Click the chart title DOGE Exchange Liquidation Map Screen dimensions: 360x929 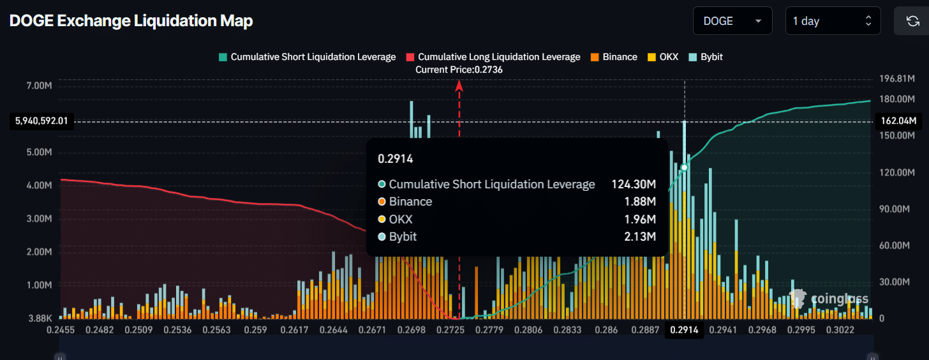coord(131,21)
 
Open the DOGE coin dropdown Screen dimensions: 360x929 coord(732,21)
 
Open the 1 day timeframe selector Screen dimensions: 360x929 coord(833,21)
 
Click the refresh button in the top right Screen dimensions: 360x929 coord(912,21)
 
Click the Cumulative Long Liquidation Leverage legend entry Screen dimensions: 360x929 coord(493,57)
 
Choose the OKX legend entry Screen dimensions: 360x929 coord(663,57)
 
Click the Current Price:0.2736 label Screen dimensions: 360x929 coord(459,70)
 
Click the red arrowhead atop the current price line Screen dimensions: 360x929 coord(459,85)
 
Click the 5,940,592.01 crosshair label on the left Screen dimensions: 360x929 coord(41,121)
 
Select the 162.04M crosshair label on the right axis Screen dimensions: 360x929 coord(898,121)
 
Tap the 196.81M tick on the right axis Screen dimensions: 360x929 coord(898,79)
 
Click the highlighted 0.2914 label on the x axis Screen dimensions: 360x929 coord(685,330)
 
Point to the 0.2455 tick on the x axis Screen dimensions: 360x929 coord(61,330)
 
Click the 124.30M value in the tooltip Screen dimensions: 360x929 coord(633,184)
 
